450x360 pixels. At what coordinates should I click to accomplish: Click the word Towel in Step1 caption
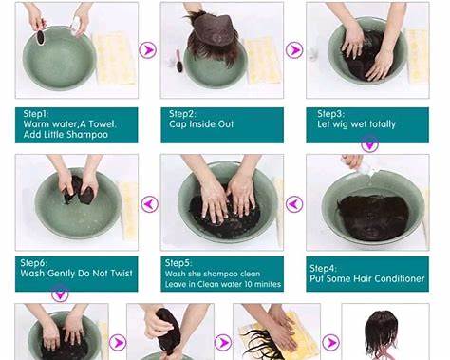tap(102, 123)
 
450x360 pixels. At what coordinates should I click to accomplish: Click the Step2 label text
tap(182, 114)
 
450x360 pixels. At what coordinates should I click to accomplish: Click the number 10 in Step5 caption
tap(249, 284)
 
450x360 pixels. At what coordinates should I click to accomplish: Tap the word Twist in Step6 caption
tap(122, 273)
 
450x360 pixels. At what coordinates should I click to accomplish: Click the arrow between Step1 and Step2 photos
tap(147, 49)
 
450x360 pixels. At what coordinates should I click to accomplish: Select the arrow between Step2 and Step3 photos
tap(294, 49)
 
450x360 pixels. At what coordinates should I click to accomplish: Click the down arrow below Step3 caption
tap(369, 144)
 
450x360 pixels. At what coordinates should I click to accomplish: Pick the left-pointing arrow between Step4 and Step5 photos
tap(294, 204)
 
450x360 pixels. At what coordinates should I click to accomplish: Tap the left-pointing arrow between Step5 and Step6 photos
tap(149, 204)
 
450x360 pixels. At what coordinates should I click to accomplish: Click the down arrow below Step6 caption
tap(60, 294)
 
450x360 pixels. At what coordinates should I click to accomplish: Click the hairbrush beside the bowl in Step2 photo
tap(179, 61)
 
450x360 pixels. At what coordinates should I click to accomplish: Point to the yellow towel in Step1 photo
tap(116, 58)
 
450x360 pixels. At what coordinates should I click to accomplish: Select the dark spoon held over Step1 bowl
tap(40, 37)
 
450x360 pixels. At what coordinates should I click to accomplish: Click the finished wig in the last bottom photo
tap(381, 333)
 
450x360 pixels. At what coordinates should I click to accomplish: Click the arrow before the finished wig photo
tap(330, 342)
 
